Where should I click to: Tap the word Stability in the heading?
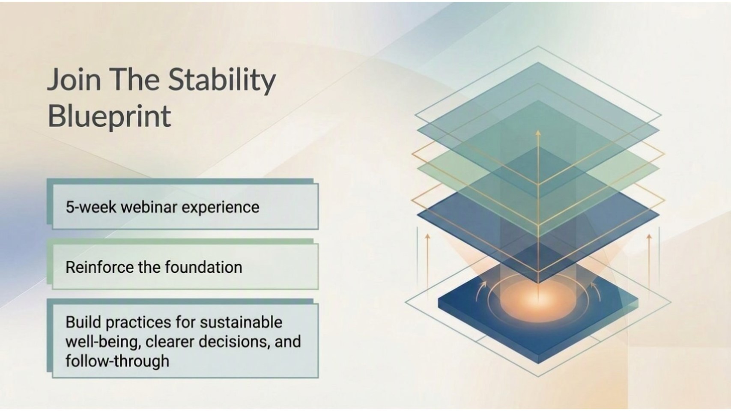pos(222,80)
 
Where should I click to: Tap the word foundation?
pos(203,267)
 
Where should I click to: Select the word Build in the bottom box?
pos(84,322)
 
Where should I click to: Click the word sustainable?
pos(241,322)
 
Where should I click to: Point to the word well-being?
pos(103,342)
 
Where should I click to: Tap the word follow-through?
pos(117,361)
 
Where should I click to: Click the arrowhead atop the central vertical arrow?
pos(538,133)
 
